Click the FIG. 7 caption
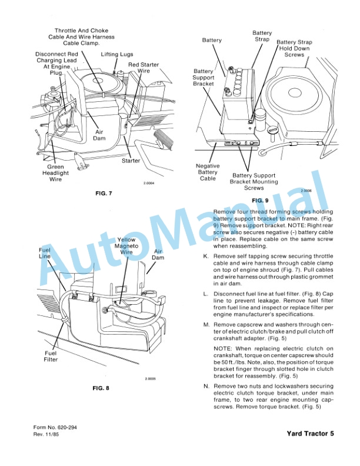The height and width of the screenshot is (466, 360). click(103, 193)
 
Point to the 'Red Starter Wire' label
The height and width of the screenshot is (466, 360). click(143, 68)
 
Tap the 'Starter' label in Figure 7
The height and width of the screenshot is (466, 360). click(131, 160)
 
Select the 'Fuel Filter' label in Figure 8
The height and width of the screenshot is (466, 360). click(50, 357)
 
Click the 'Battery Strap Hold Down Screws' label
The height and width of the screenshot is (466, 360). click(294, 48)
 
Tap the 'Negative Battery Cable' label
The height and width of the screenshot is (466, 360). click(208, 172)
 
